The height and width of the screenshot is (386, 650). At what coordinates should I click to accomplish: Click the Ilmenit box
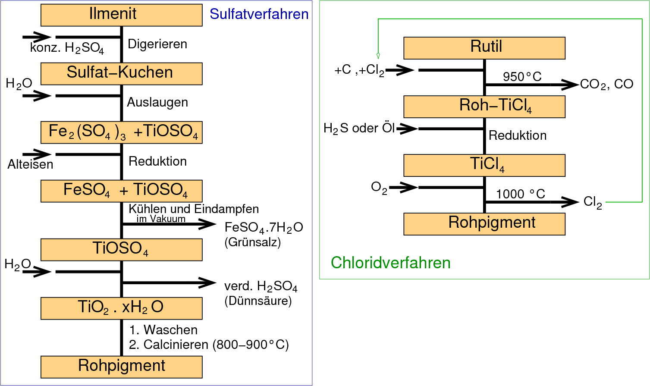121,15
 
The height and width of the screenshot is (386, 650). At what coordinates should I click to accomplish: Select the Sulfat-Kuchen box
121,73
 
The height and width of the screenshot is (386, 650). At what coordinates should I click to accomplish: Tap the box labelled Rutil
484,47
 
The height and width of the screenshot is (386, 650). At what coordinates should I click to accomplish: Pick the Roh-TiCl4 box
484,106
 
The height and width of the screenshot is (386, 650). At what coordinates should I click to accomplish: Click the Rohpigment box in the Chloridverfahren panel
484,223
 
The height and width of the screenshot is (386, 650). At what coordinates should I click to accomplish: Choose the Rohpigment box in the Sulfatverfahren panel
121,367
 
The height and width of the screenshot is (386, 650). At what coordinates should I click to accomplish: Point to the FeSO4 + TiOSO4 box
121,191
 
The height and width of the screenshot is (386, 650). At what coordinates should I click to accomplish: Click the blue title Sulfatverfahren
259,14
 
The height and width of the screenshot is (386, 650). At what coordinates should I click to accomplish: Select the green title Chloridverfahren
390,263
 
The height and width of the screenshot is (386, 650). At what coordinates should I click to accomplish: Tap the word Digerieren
157,44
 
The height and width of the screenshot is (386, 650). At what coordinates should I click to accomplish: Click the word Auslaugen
157,102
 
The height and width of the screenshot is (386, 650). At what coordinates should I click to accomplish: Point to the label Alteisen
30,164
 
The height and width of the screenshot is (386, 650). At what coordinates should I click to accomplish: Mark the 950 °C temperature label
522,77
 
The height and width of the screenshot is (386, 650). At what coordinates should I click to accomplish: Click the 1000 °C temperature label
520,194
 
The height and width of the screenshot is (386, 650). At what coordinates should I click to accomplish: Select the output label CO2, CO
606,84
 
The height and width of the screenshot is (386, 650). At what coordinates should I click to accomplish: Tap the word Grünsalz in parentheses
253,242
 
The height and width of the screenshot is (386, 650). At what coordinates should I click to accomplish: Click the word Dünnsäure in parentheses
258,301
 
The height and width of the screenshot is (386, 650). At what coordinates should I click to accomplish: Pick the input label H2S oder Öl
359,129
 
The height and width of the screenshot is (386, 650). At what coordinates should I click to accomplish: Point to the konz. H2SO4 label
67,48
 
